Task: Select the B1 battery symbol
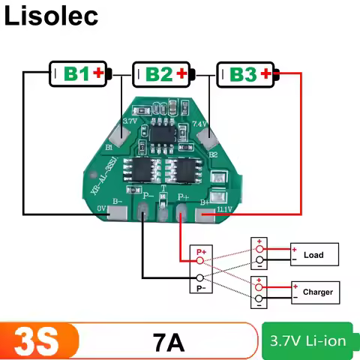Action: (81, 73)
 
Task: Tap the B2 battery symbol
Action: (164, 73)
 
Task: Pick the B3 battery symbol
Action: (248, 73)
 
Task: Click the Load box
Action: (313, 255)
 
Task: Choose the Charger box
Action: (317, 292)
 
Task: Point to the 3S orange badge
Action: (37, 342)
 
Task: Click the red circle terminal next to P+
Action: (200, 260)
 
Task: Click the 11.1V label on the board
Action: (226, 207)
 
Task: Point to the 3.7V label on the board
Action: (129, 120)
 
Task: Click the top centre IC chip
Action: (164, 133)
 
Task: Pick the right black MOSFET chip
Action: (182, 169)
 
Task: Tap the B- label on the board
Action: (117, 201)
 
